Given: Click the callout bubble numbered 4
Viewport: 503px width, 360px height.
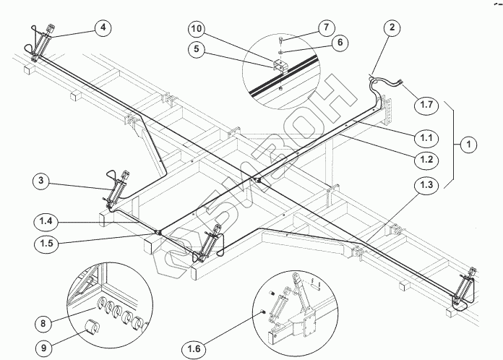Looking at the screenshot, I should (103, 29).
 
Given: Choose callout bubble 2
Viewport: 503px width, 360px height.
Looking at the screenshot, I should (392, 29).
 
